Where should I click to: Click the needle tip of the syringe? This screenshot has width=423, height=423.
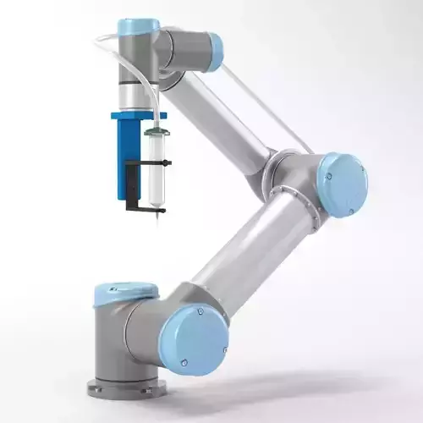(x=157, y=221)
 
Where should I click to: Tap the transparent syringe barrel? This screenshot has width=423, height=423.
(x=156, y=173)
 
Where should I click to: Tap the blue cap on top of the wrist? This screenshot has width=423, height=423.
(x=138, y=26)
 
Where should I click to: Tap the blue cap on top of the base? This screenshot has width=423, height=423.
(x=124, y=292)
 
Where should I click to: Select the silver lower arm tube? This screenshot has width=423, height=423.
(x=241, y=254)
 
